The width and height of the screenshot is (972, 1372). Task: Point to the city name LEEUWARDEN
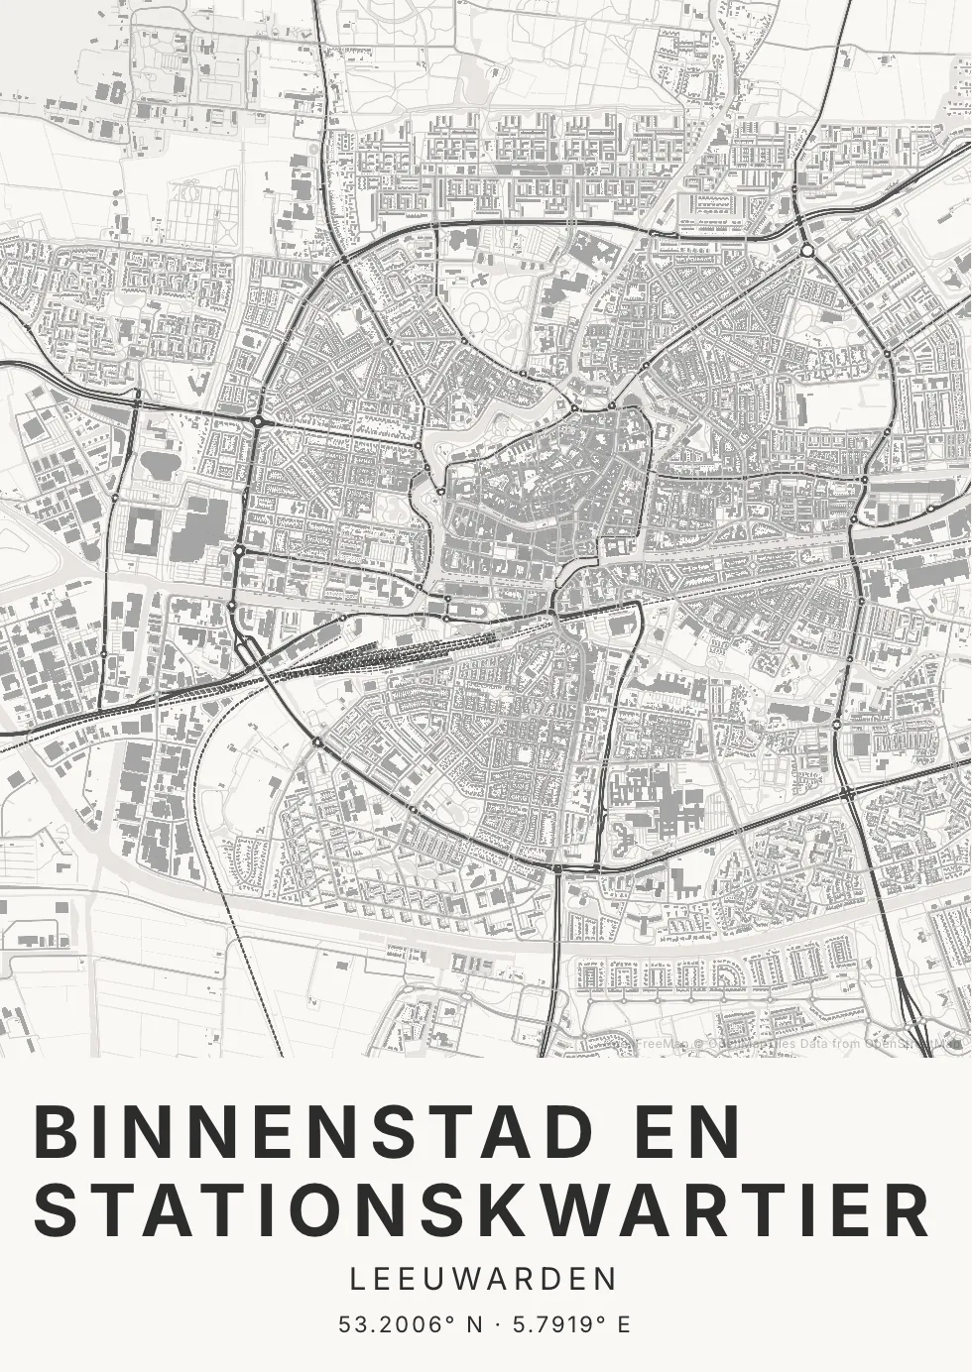pos(485,1279)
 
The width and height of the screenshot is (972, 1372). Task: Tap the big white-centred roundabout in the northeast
pos(808,251)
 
